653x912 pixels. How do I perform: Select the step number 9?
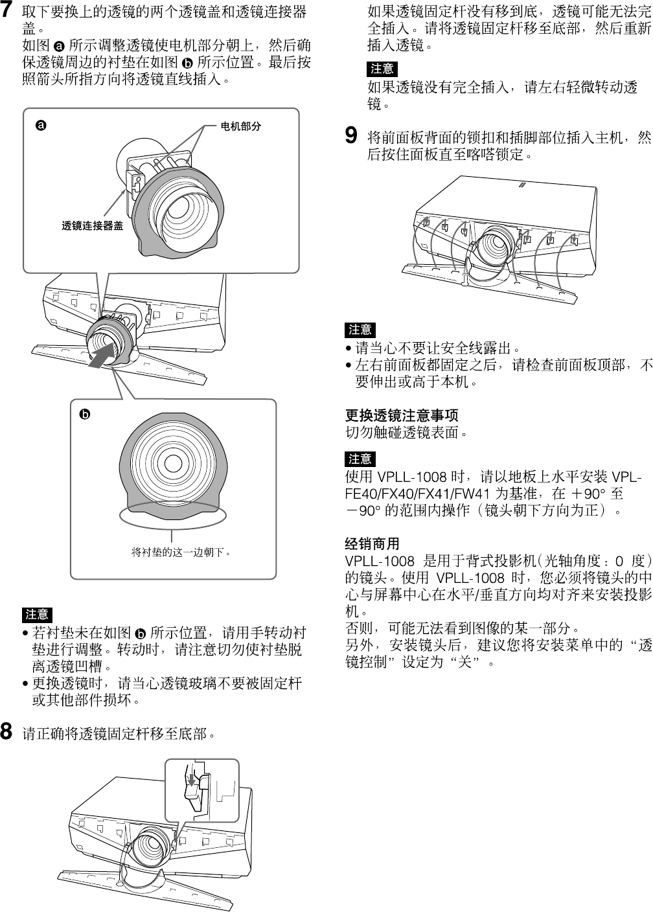350,137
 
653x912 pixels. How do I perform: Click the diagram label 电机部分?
241,126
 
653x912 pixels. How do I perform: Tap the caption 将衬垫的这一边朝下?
181,553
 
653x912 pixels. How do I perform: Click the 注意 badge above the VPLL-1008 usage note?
360,459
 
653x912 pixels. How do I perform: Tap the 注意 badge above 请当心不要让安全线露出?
360,330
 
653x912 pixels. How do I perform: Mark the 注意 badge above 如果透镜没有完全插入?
382,69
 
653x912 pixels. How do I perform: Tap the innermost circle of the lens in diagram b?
173,464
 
